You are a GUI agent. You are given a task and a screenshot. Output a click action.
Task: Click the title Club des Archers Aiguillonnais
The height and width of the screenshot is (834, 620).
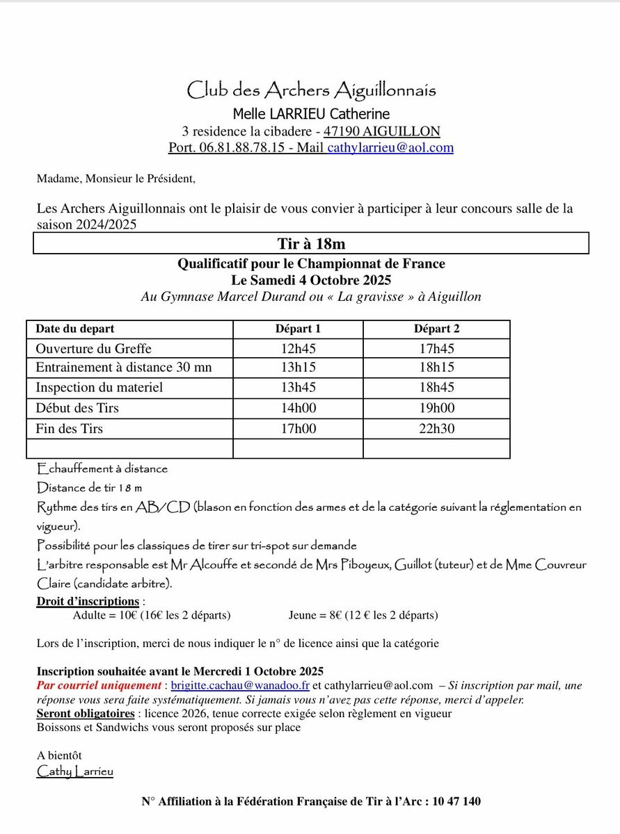click(311, 90)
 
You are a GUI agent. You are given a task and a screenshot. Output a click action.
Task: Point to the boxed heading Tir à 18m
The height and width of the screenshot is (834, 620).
click(311, 243)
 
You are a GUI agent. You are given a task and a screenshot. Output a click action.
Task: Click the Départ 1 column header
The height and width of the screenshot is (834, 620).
click(298, 329)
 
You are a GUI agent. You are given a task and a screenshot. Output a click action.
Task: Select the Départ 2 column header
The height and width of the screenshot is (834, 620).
click(436, 329)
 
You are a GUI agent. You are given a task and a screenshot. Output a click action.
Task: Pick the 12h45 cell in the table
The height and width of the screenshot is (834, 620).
click(298, 349)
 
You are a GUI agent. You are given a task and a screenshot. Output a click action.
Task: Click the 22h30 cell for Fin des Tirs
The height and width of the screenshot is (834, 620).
click(436, 429)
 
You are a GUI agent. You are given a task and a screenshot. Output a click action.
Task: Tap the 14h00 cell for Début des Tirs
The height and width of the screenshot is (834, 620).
click(298, 409)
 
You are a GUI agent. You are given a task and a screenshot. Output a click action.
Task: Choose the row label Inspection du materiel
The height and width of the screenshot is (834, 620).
click(99, 388)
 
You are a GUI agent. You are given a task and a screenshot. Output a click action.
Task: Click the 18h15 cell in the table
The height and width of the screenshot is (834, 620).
click(436, 368)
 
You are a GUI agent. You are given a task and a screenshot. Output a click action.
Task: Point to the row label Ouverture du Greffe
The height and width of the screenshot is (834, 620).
click(93, 349)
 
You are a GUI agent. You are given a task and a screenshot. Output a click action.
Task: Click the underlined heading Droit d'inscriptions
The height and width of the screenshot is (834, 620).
click(88, 601)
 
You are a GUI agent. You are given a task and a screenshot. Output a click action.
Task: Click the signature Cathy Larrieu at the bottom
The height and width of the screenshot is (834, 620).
click(74, 771)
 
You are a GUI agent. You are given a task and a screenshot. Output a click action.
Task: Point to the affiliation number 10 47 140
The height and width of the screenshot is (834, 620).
click(456, 801)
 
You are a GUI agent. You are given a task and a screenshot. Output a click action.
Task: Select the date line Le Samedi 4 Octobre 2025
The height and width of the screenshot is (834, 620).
click(311, 280)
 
